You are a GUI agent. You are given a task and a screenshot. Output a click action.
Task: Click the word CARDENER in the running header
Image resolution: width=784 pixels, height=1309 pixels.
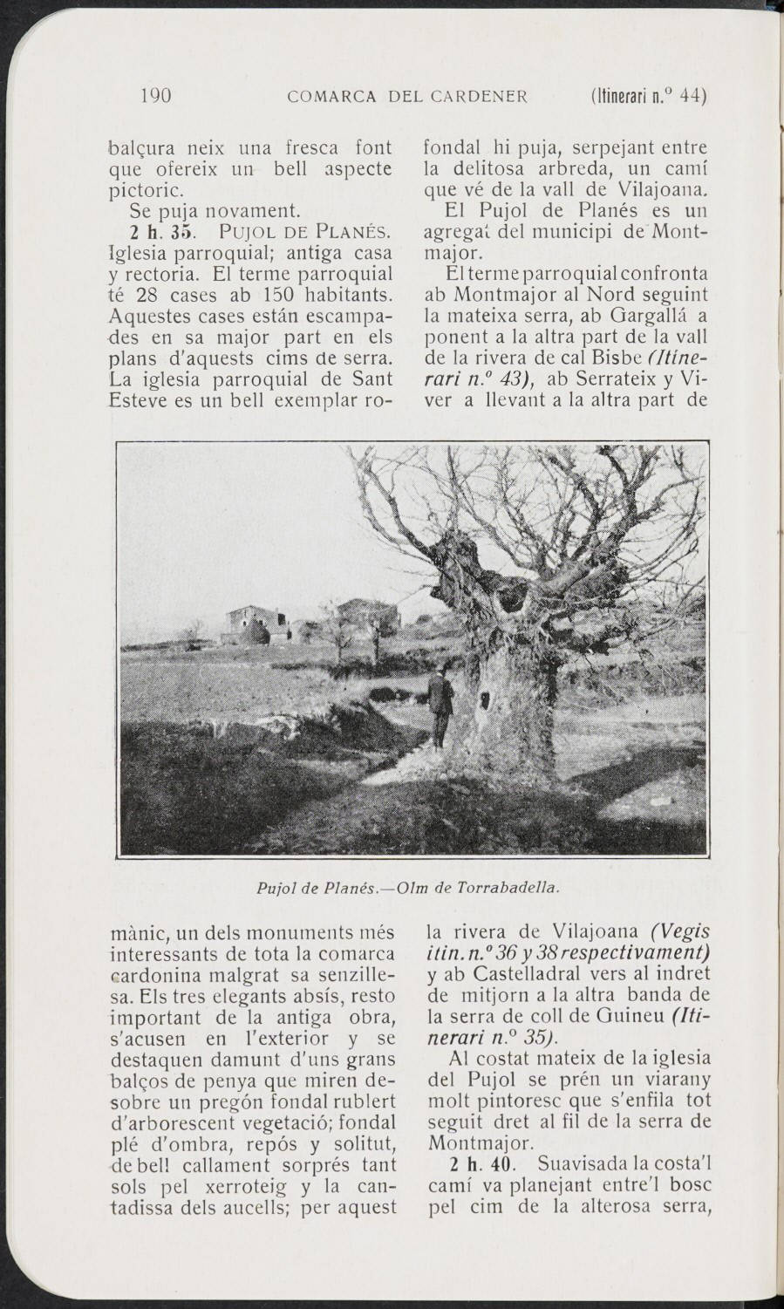click(x=480, y=97)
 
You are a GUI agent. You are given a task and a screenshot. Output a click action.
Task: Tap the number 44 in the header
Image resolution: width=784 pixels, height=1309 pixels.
click(x=692, y=96)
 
